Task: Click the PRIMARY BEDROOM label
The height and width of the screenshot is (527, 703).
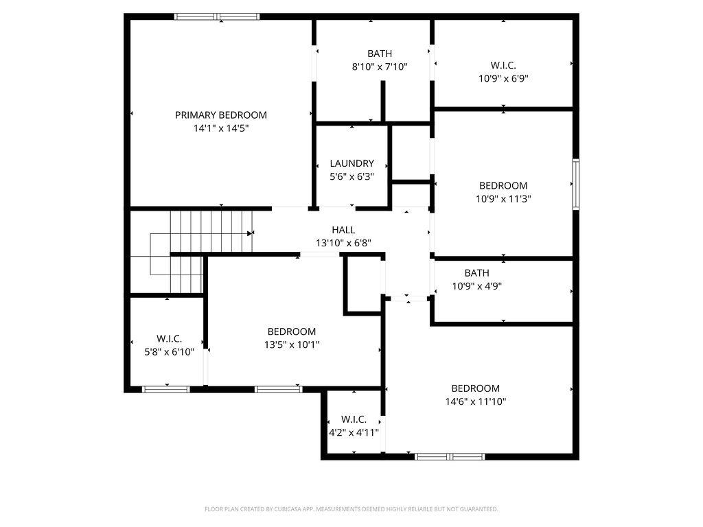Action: coord(220,115)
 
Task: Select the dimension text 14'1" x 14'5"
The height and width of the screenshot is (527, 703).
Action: coord(220,128)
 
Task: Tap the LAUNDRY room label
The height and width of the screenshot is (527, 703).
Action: coord(352,163)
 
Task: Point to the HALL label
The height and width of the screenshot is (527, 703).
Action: coord(343,230)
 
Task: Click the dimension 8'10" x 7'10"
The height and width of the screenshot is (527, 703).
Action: coord(380,67)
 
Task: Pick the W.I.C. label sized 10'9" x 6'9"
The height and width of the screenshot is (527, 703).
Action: coord(503,65)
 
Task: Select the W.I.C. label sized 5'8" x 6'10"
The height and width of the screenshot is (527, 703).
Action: coord(169,339)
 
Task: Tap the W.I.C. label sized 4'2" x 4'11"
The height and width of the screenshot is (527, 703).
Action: coord(354,419)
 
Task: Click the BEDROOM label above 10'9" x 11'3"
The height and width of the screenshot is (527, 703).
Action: coord(503,185)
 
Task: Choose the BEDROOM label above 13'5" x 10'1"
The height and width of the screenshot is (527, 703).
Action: coord(291,331)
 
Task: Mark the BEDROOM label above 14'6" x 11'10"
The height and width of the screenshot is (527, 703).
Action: coord(475,388)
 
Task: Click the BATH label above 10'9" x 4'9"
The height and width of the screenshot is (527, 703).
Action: coord(476,273)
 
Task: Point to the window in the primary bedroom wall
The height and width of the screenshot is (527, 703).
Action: coord(217,17)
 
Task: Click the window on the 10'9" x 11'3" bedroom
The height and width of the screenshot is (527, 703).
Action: coord(576,184)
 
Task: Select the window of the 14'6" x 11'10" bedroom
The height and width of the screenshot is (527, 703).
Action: coord(450,456)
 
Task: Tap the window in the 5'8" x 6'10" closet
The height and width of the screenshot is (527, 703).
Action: coord(166,390)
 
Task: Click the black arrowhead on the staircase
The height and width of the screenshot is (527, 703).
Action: coord(250,233)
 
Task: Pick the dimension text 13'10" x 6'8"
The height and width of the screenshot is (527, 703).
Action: coord(343,244)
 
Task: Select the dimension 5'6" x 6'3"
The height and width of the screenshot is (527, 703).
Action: coord(352,176)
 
